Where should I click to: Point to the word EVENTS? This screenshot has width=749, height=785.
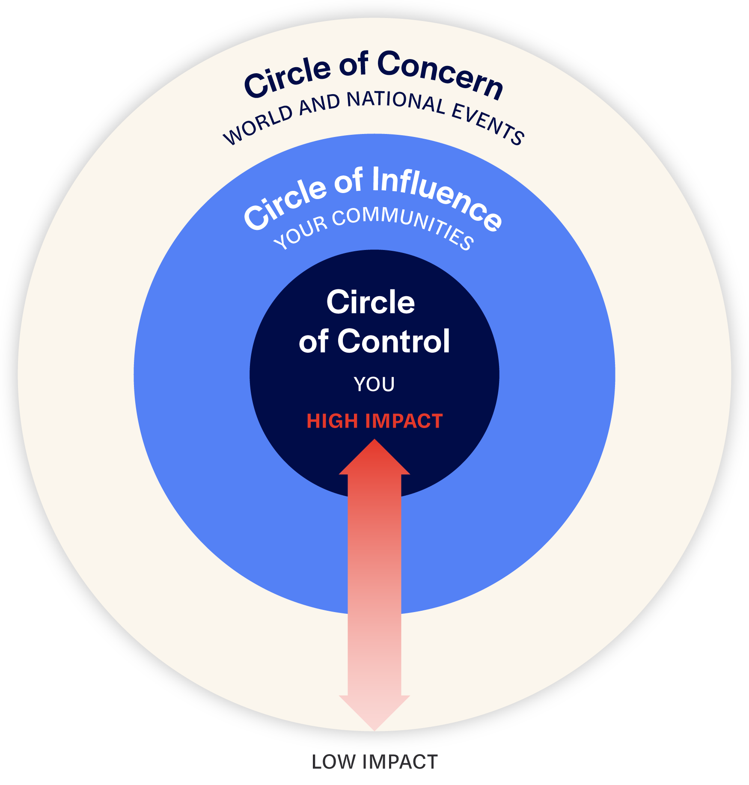pos(488,125)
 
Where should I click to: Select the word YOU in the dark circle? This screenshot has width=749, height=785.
pos(374,384)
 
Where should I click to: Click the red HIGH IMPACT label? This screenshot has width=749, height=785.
pos(374,421)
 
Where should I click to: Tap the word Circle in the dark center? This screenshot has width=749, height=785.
pos(371,302)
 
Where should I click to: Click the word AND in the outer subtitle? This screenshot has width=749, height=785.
pos(319,104)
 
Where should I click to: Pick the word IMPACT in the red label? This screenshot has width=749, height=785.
pos(404,421)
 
